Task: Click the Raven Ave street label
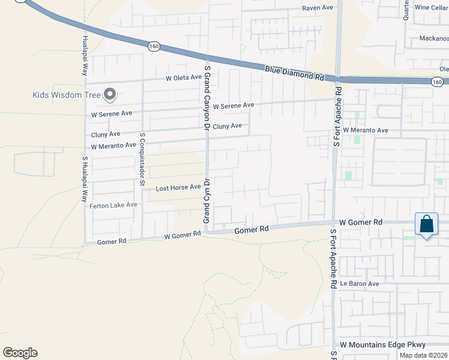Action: pos(318,8)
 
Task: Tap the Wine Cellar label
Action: pos(431,8)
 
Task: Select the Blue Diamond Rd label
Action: pos(294,74)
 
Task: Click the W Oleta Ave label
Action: pos(184,78)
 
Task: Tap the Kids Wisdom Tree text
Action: pos(66,95)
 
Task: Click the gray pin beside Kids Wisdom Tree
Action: pos(109,94)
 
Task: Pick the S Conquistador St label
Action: pos(142,159)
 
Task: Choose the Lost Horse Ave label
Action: pos(178,188)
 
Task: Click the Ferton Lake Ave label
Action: pos(113,205)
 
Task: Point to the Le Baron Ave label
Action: pos(360,284)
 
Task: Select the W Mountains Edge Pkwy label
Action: pos(382,345)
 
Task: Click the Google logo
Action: pos(20,353)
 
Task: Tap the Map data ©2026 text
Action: pos(424,355)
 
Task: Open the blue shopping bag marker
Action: pos(426,224)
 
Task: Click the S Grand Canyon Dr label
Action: pos(206,98)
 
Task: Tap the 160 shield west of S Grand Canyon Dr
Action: pos(155,46)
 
